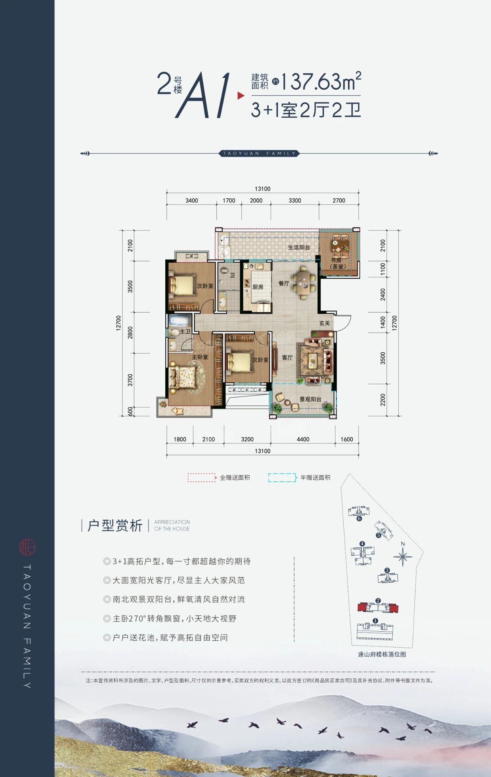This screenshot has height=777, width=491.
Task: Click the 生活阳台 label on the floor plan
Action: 299,247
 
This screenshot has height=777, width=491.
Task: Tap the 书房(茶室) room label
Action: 338,263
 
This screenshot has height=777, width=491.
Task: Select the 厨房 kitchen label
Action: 258,287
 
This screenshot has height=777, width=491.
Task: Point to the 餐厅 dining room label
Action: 284,283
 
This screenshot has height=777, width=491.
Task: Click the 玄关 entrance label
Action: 325,323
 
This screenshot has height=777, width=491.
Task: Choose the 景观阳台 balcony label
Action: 310,399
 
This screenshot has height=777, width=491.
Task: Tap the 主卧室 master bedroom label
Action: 200,357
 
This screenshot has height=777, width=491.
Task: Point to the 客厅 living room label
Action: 287,357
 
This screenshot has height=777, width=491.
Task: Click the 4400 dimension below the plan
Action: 303,440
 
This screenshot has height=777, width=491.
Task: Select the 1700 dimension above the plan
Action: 229,201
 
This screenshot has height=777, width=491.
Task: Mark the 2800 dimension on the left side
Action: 130,333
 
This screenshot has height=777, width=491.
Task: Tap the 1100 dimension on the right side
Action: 383,269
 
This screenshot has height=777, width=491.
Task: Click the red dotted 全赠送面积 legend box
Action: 202,477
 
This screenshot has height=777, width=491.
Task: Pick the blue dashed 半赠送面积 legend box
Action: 283,477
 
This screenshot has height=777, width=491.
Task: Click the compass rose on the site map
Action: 403,556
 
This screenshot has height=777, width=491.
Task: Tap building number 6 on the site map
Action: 359,519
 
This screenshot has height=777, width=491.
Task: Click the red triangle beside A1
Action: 241,95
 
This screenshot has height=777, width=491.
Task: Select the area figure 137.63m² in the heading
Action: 321,81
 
